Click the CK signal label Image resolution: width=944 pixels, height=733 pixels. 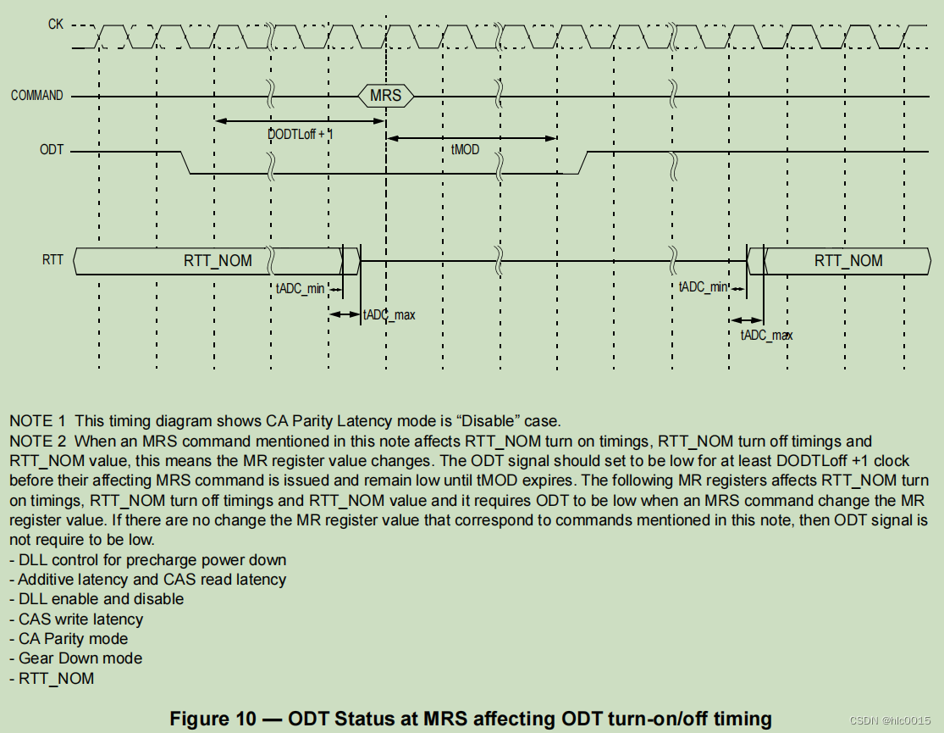point(55,25)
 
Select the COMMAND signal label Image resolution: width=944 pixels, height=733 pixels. point(36,96)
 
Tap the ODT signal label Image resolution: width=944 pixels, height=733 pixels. point(52,150)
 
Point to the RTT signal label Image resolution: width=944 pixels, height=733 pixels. point(52,259)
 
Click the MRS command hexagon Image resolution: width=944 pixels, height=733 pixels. point(385,95)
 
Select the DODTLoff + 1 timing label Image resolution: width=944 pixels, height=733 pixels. point(300,134)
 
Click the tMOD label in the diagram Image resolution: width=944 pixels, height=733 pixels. point(465,149)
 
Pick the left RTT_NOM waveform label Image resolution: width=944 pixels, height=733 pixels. point(218,260)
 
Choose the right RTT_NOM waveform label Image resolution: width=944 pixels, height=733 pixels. point(848,260)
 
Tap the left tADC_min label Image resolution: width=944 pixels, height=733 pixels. point(300,288)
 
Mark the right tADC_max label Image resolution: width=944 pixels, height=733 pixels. point(766,335)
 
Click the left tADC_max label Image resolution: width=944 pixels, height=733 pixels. point(389,315)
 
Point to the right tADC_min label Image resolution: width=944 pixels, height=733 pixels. point(703,287)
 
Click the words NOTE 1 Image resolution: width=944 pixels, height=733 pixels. point(37,421)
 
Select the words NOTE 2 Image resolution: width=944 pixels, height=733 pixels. point(37,441)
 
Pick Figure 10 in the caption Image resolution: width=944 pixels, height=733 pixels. point(213,719)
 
